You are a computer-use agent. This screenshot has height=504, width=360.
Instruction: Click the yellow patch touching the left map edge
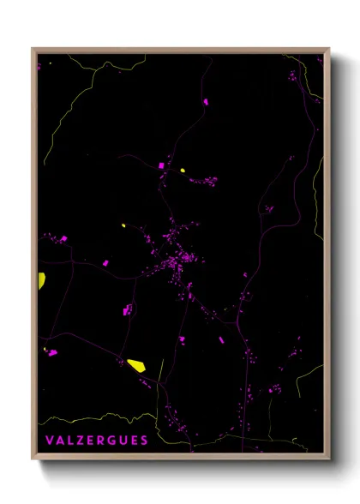(x=41, y=279)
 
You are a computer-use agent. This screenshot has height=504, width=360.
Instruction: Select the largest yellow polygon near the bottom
(x=136, y=365)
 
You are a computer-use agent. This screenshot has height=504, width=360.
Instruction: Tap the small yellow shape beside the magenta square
(x=183, y=171)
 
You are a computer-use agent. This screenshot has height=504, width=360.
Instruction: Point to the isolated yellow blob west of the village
(x=123, y=225)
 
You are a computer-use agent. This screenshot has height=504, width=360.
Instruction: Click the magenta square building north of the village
(x=160, y=165)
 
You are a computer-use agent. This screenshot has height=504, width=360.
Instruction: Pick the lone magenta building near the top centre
(x=206, y=102)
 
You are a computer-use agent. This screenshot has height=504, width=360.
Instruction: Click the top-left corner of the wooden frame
(x=33, y=49)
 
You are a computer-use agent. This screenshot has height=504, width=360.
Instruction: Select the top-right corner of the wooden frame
(x=329, y=49)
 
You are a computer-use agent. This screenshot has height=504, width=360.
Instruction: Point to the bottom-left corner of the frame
(x=33, y=459)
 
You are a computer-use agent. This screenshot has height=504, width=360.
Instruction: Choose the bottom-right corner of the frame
(x=329, y=459)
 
